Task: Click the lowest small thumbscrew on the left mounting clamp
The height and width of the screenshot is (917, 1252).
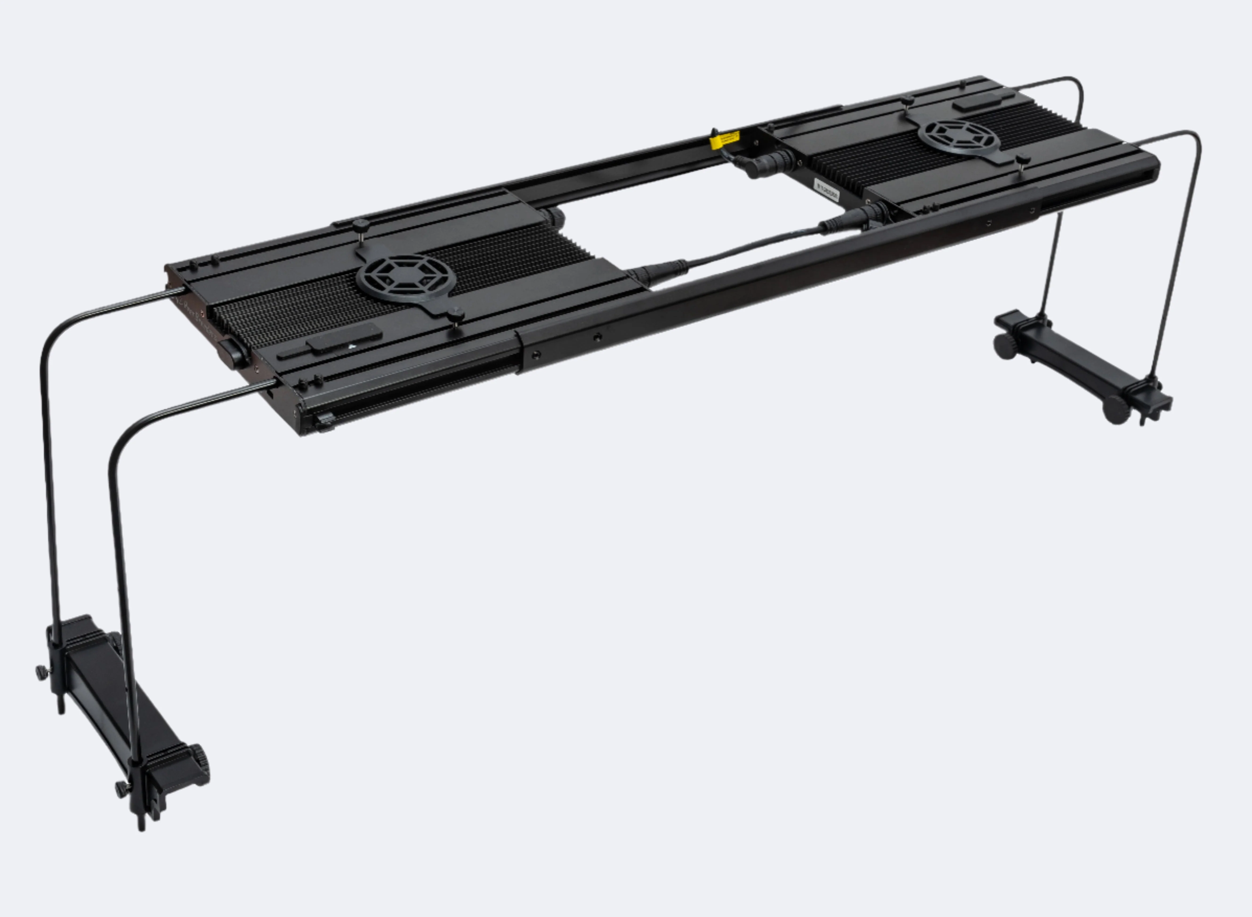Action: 121,788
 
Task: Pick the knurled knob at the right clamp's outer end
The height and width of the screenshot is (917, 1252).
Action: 1115,410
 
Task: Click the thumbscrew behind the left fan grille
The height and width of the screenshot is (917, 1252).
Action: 361,226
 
